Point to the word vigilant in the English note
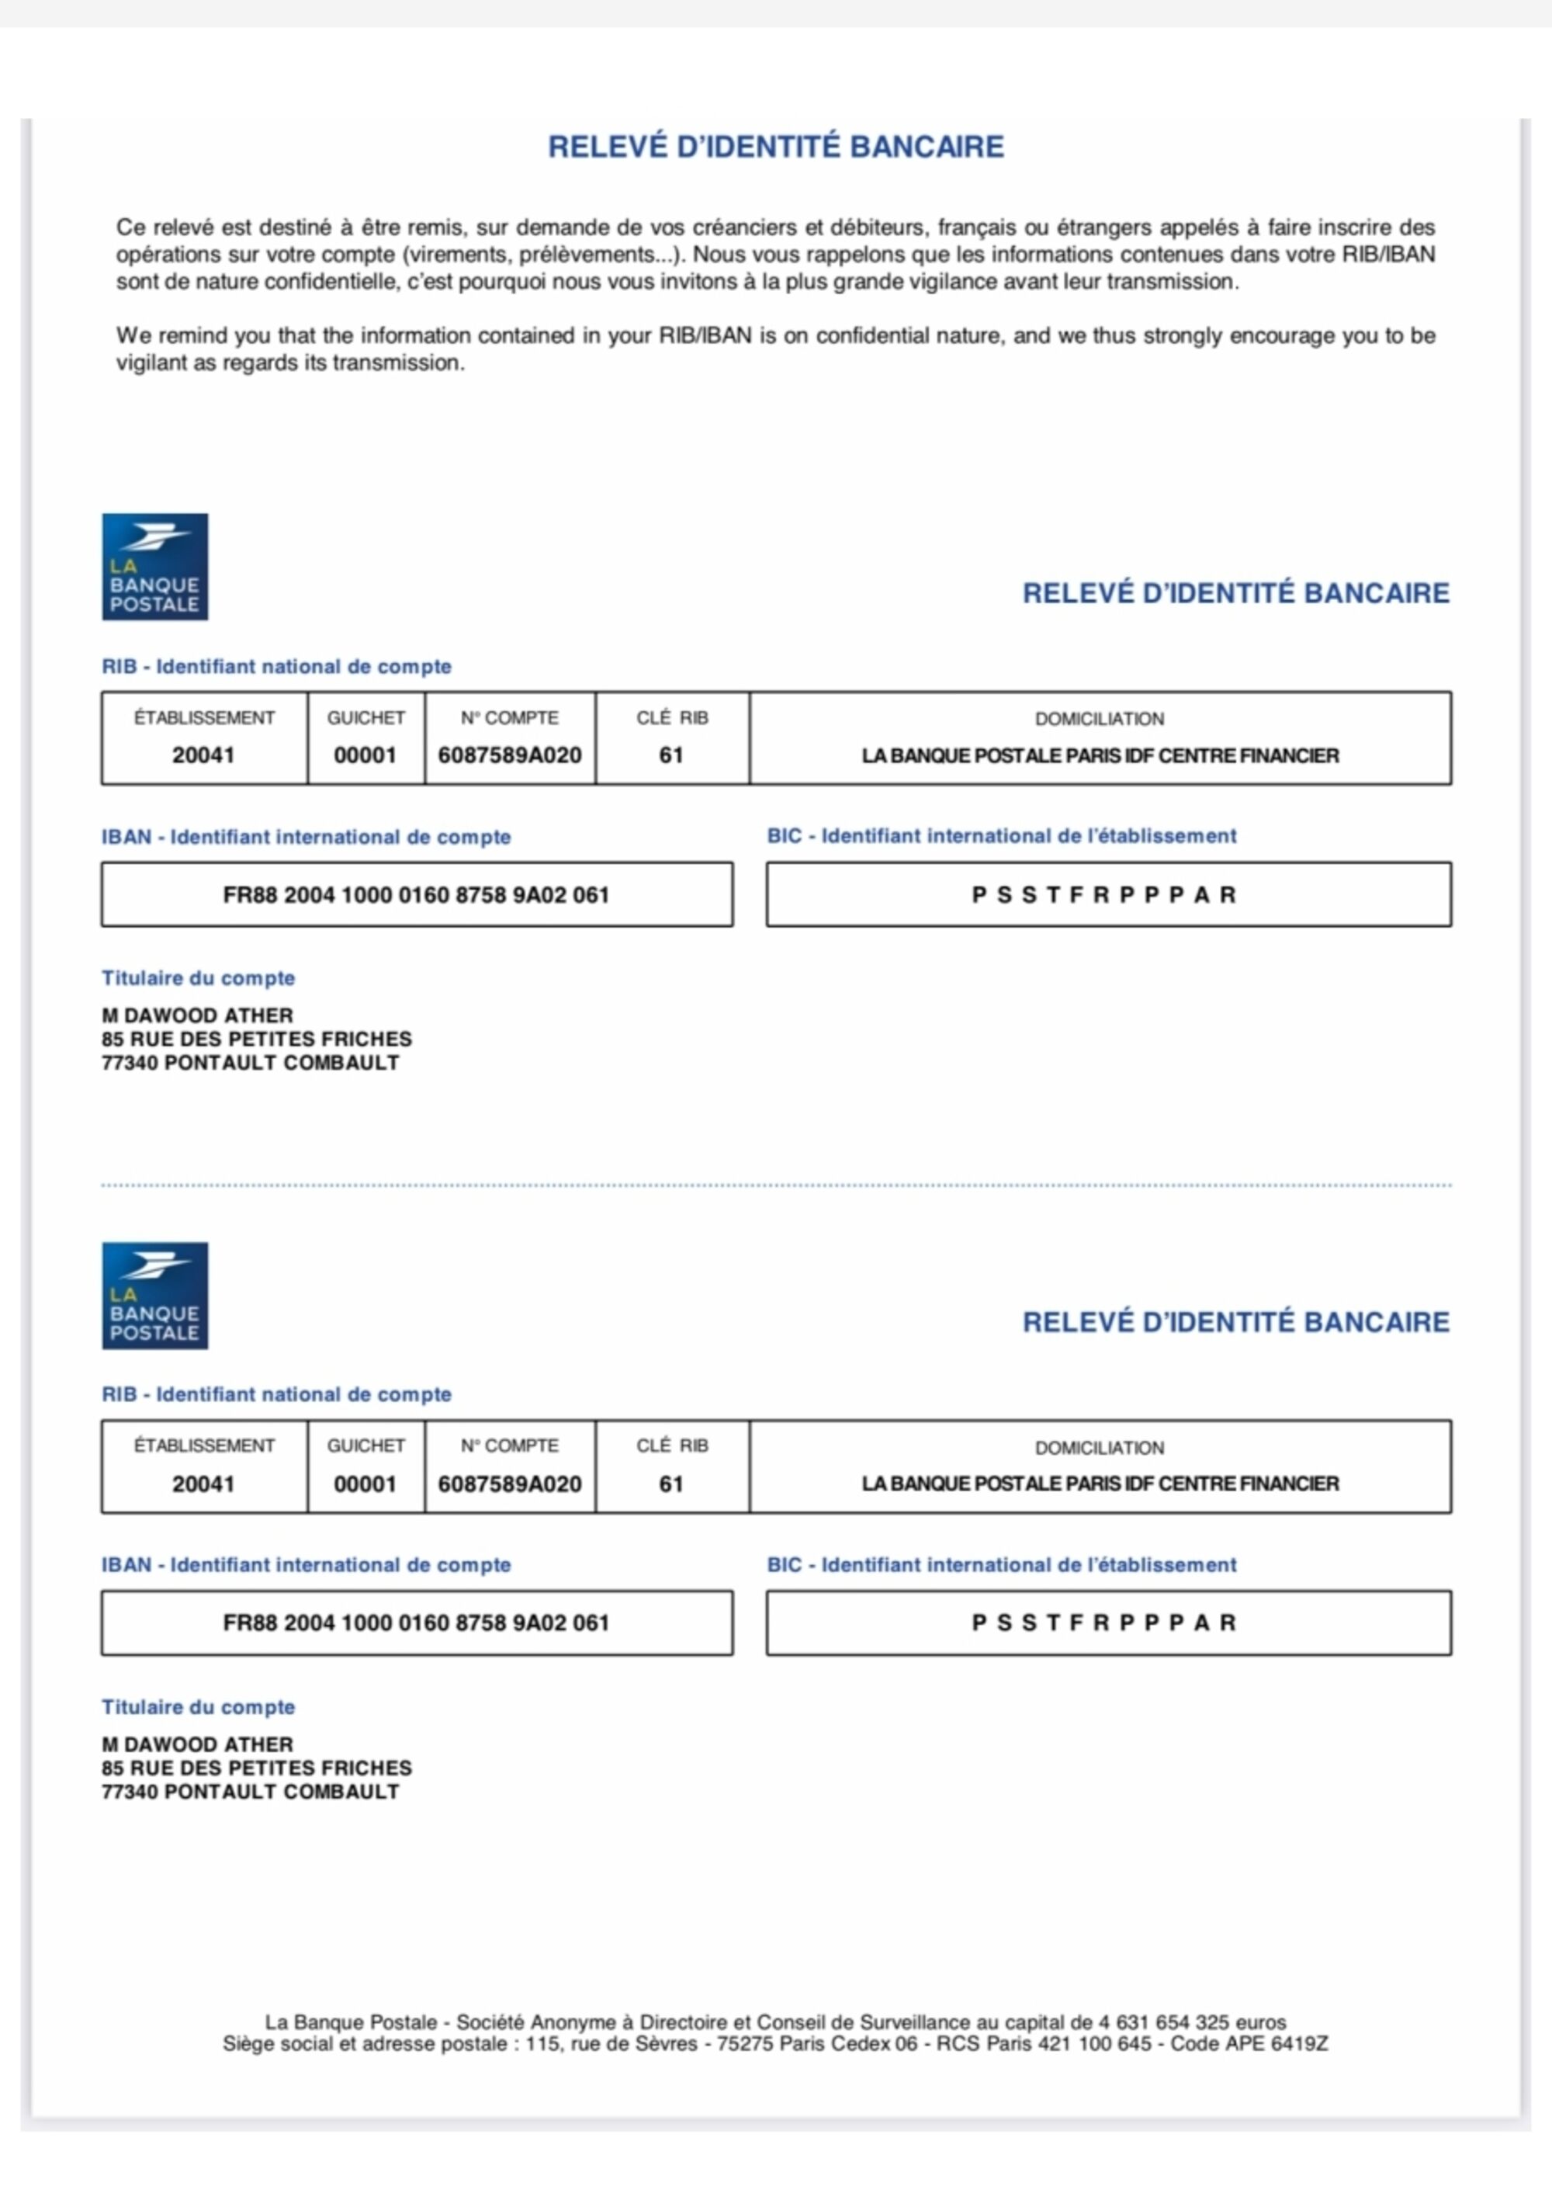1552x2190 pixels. coord(152,363)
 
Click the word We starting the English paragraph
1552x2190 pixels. coord(133,336)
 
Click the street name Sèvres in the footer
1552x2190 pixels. coord(665,2044)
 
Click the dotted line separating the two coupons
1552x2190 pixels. coord(776,1185)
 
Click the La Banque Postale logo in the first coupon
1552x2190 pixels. coord(155,567)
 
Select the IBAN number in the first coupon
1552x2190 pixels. coord(416,895)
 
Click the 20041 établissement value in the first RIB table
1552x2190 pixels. coord(203,755)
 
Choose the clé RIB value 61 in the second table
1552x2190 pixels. coord(671,1484)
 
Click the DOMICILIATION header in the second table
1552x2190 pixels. coord(1099,1447)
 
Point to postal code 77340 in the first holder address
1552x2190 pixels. coord(130,1063)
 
